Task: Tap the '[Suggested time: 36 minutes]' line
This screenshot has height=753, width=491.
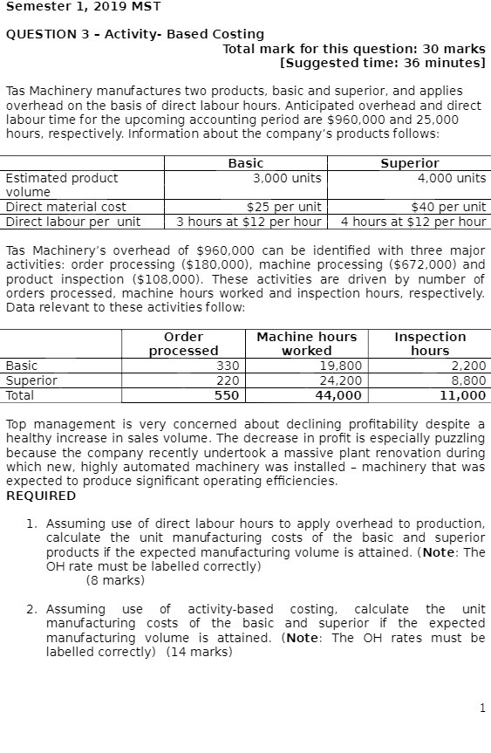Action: pyautogui.click(x=382, y=64)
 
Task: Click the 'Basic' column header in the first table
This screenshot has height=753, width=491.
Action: pyautogui.click(x=245, y=163)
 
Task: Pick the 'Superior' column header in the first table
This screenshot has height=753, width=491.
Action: pyautogui.click(x=409, y=163)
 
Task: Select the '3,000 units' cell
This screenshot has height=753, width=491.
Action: pyautogui.click(x=287, y=178)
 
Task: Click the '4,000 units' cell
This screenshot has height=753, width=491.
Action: pyautogui.click(x=451, y=178)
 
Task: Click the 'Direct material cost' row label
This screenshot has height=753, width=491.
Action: pyautogui.click(x=66, y=208)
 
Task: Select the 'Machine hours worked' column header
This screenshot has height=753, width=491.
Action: pyautogui.click(x=306, y=343)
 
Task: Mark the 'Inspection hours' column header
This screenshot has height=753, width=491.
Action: pyautogui.click(x=430, y=343)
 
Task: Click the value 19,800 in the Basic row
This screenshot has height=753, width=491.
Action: pyautogui.click(x=341, y=366)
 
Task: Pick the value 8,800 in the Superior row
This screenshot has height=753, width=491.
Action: pyautogui.click(x=468, y=381)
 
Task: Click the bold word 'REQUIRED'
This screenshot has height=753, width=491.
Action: pyautogui.click(x=41, y=496)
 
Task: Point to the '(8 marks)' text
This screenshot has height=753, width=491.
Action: pyautogui.click(x=115, y=580)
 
